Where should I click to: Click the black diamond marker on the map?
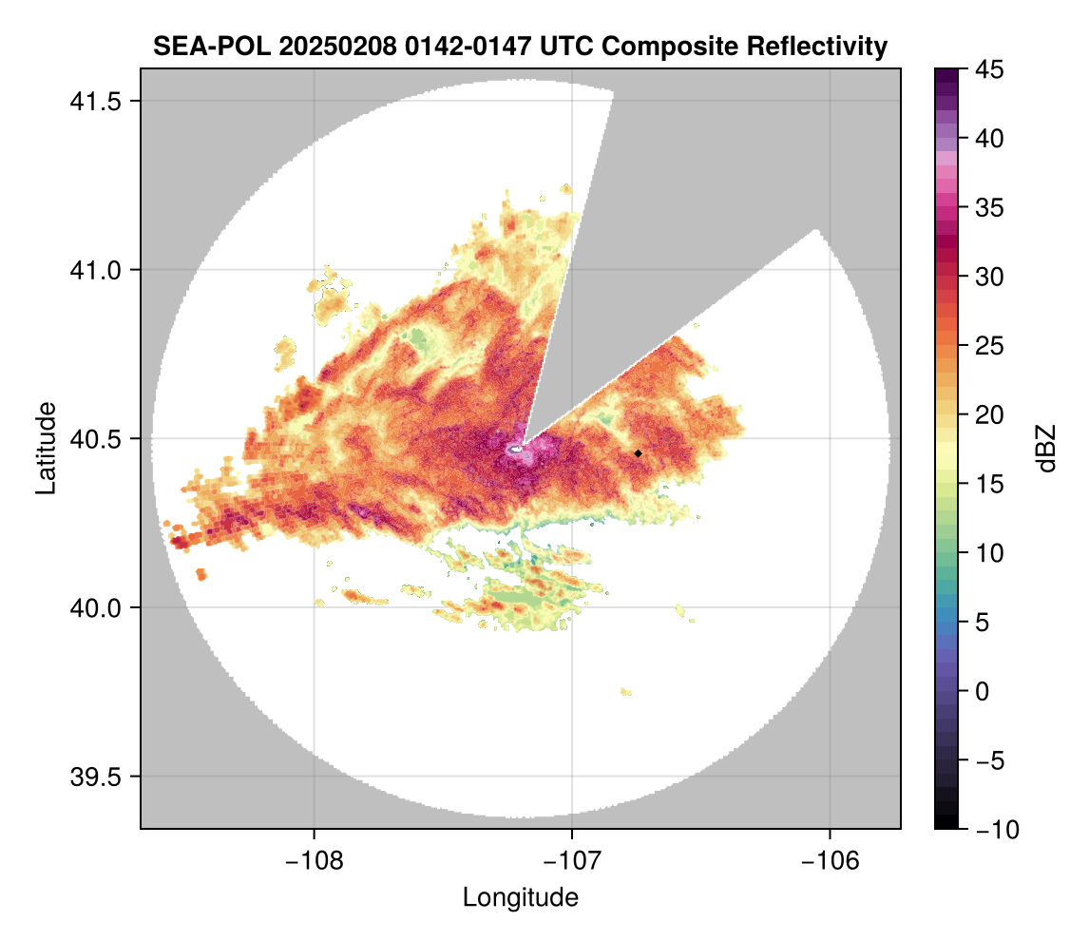tap(638, 453)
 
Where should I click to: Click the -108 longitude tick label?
tap(313, 861)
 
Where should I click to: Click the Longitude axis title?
tap(520, 897)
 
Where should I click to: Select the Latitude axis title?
tap(46, 448)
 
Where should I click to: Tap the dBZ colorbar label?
tap(1045, 448)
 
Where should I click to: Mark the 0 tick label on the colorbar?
tap(984, 691)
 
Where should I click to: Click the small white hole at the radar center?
tap(516, 448)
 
